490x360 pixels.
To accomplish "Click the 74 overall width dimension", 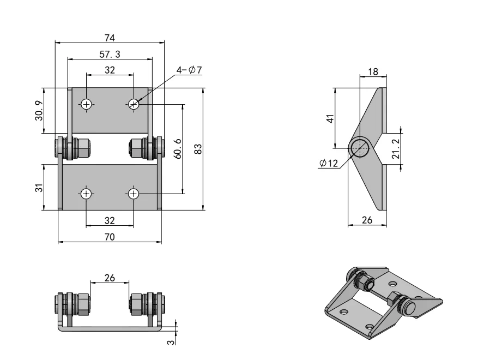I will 110,37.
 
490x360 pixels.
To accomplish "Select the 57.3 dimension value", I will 110,54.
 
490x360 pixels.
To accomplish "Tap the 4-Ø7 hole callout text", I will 189,70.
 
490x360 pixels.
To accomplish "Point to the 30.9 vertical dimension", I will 40,111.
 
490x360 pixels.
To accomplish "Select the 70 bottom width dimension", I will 110,237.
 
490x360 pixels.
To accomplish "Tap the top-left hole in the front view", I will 86,104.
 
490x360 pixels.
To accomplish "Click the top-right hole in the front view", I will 134,104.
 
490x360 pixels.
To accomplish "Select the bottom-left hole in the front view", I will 86,193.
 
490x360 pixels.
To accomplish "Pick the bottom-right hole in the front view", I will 134,193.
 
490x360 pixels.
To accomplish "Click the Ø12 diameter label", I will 329,163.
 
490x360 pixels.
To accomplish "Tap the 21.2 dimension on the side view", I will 396,148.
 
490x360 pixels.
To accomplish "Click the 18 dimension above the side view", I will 373,72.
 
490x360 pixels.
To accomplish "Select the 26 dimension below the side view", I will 367,220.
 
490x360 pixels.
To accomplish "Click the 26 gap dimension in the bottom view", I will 110,278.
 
